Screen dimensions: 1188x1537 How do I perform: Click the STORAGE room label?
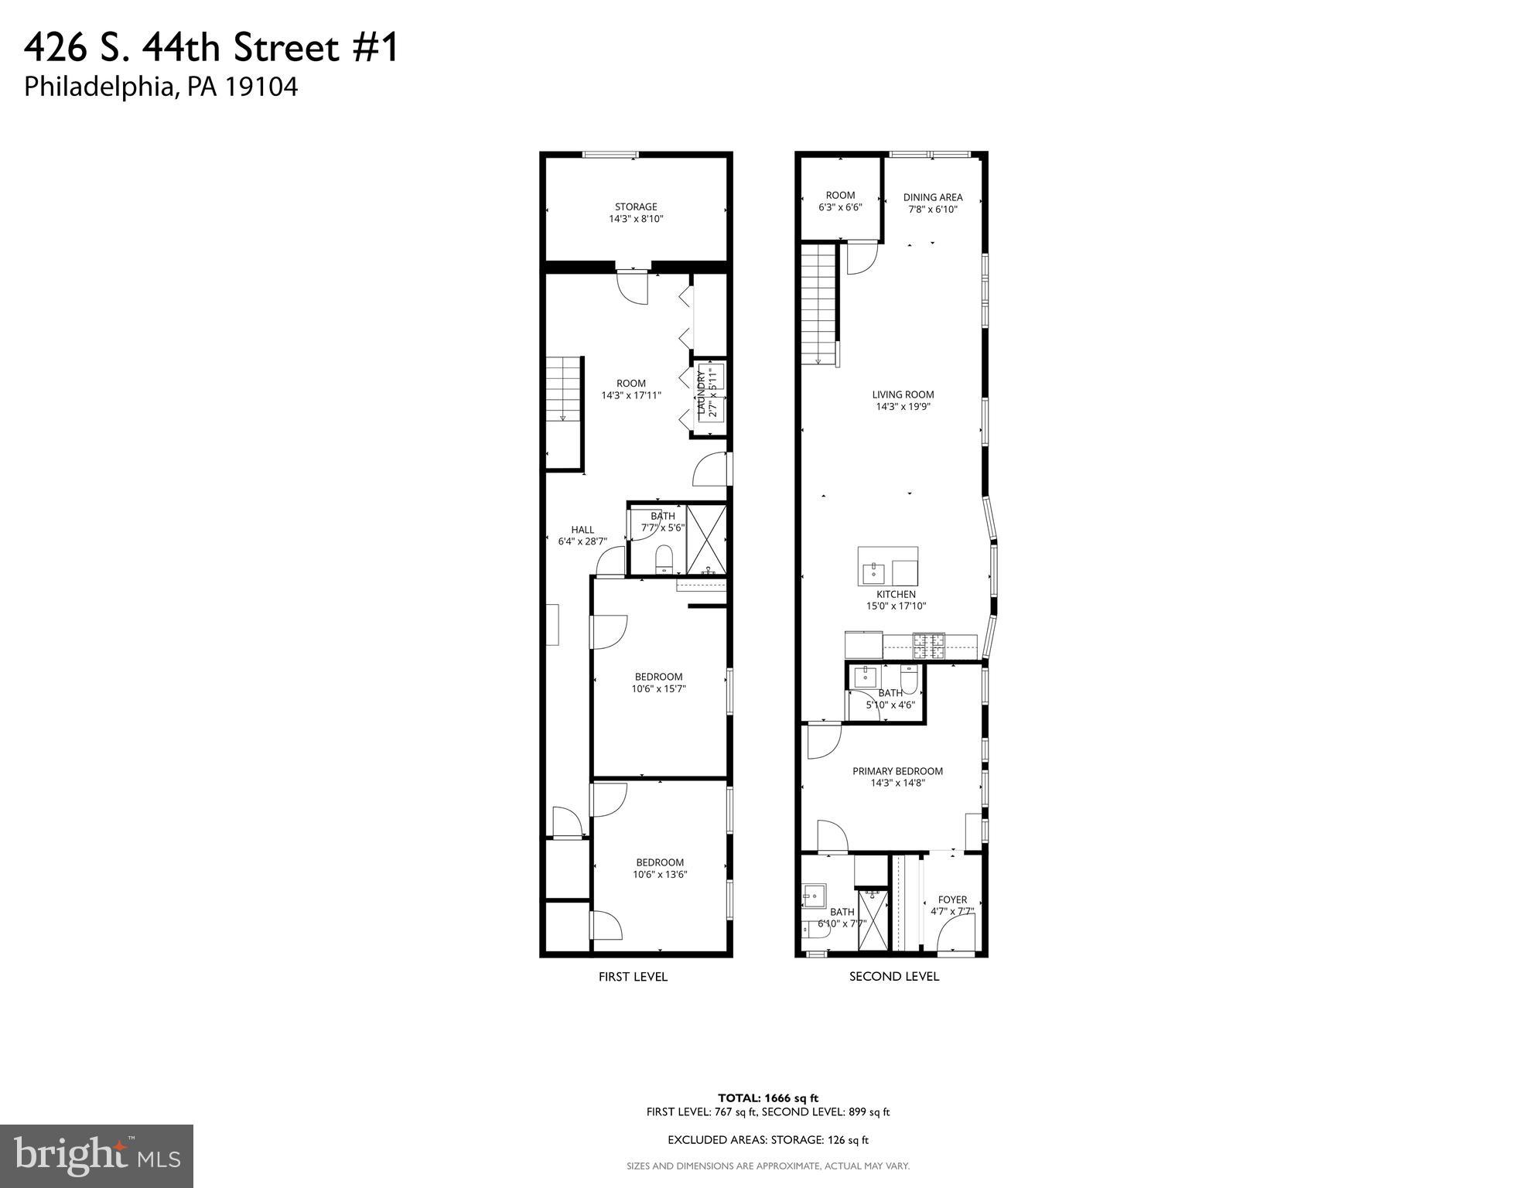pos(636,213)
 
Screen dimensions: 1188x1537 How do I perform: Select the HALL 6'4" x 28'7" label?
pos(582,535)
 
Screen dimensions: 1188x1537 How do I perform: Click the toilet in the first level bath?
pos(664,558)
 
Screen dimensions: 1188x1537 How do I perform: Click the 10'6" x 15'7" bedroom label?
pos(658,682)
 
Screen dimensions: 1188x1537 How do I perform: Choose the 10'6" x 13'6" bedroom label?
pos(660,868)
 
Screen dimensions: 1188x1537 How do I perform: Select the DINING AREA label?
pos(933,203)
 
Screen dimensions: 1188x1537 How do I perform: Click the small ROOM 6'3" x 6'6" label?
pos(840,201)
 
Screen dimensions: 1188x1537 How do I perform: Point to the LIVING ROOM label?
pos(903,400)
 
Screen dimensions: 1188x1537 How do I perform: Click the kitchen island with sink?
pos(887,566)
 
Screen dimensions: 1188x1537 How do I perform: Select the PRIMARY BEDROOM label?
pos(897,777)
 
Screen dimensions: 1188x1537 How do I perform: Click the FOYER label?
pos(952,905)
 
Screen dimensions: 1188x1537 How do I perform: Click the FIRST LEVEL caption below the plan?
pos(633,977)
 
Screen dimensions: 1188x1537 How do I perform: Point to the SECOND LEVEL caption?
pos(894,976)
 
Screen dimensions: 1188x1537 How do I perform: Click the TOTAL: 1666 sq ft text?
pos(767,1098)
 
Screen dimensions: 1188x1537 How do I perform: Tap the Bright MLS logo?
pos(97,1156)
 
